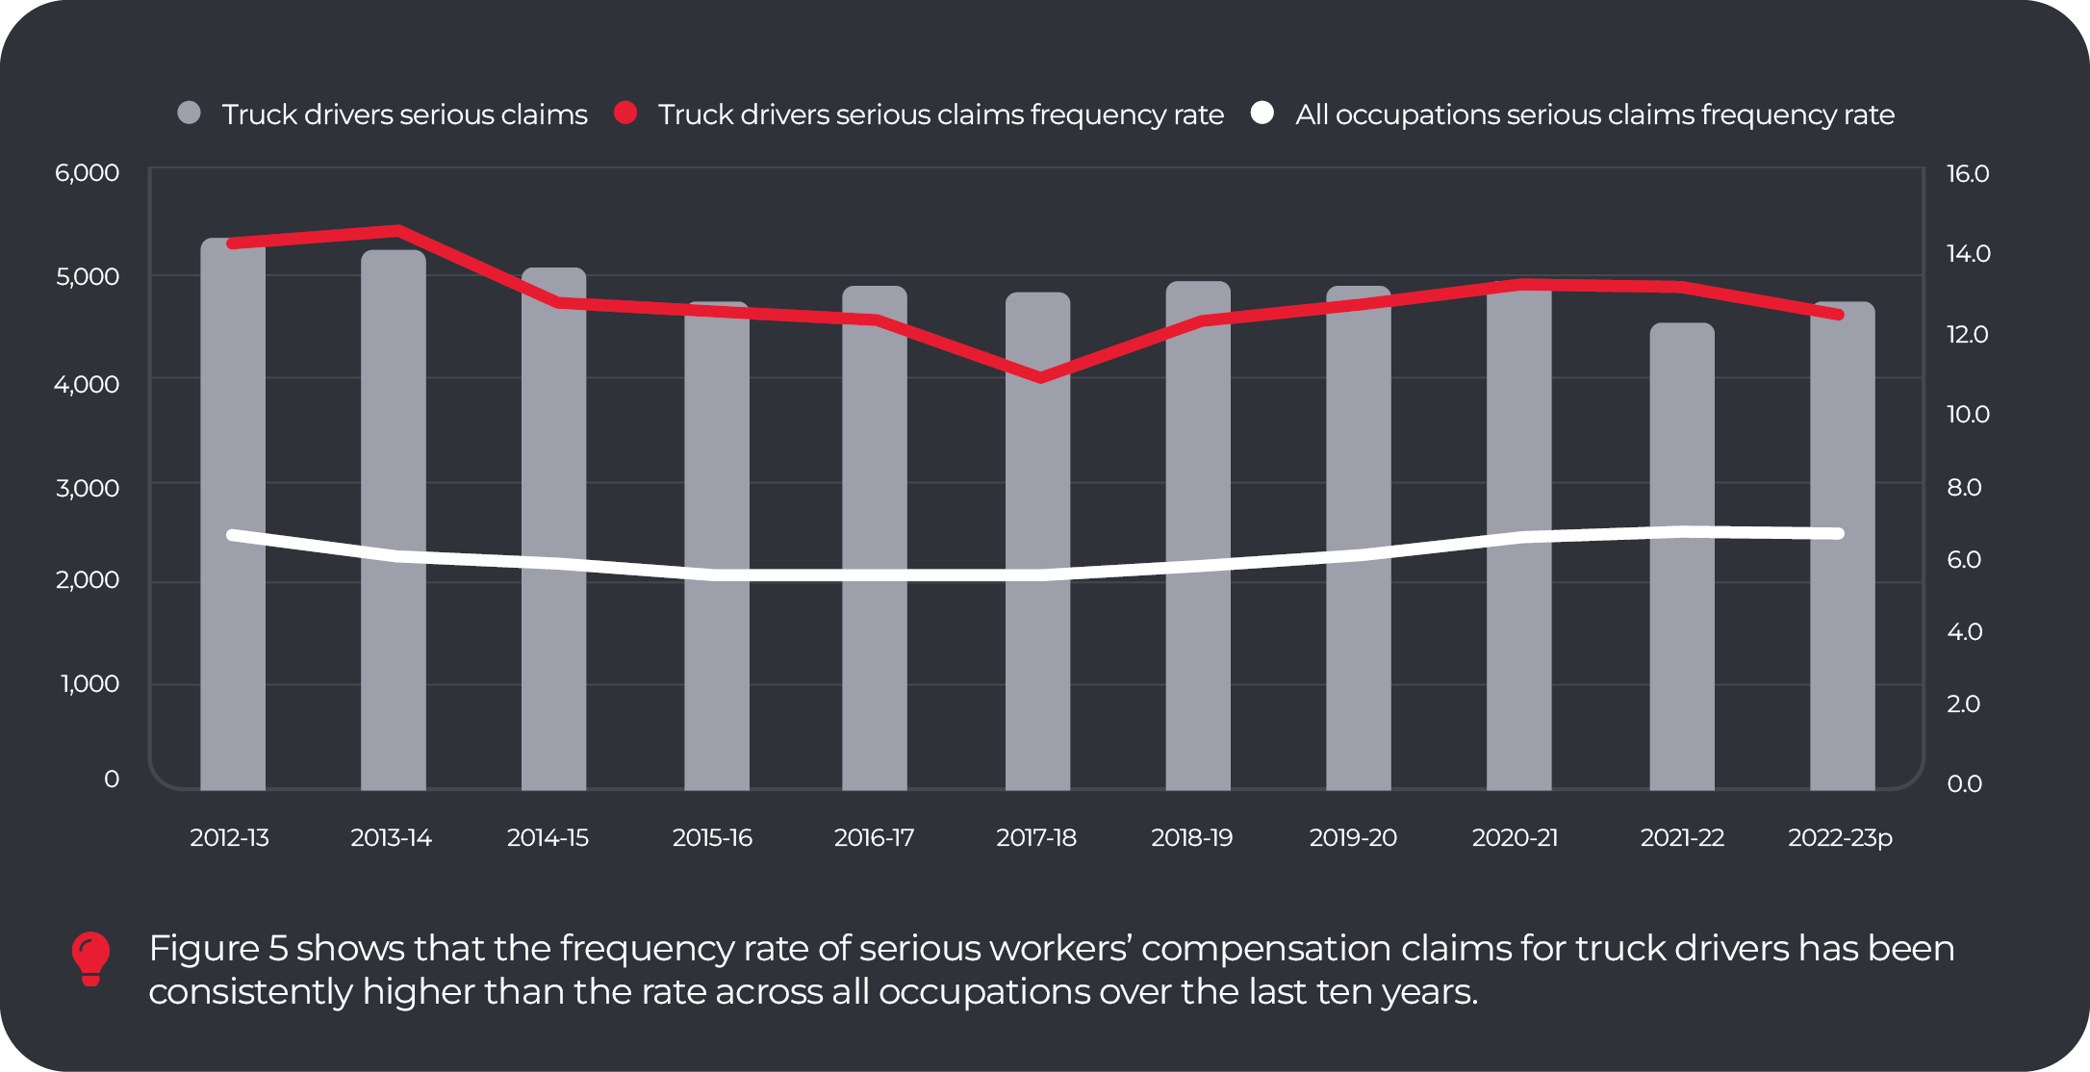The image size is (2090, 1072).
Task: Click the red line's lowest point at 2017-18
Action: (1040, 377)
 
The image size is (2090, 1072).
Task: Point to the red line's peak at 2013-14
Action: (397, 231)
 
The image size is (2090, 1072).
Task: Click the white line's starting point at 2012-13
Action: (233, 535)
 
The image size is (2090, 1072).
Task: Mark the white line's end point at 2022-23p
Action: (1839, 533)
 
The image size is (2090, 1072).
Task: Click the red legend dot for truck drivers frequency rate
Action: (625, 114)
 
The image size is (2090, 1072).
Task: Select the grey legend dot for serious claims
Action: (190, 114)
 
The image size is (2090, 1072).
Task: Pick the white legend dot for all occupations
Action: (1262, 114)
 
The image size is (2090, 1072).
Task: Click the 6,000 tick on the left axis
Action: (87, 173)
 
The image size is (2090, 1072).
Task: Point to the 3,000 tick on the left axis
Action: (87, 488)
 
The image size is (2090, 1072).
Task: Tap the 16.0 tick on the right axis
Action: (1968, 174)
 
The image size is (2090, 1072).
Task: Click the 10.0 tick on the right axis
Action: (1968, 415)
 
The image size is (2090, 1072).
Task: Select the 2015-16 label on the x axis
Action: (712, 838)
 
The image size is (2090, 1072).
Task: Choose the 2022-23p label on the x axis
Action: (1840, 838)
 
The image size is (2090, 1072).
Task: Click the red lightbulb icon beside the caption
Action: (91, 958)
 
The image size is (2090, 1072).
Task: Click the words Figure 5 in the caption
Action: (217, 949)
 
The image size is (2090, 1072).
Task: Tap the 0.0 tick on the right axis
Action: (1964, 784)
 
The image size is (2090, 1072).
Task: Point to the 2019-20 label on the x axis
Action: (1353, 838)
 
